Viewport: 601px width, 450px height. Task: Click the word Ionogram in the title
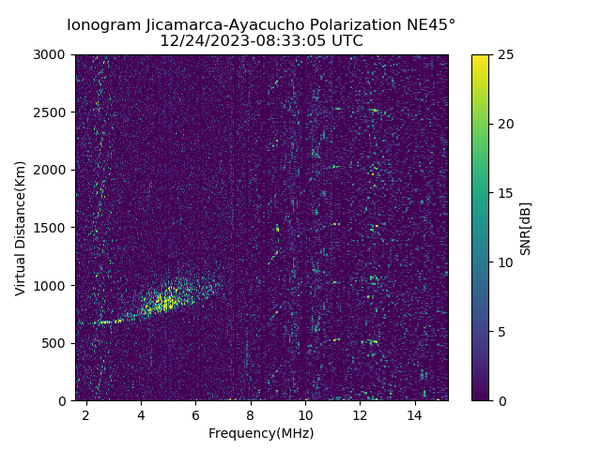tap(104, 24)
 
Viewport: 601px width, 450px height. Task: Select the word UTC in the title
tap(345, 41)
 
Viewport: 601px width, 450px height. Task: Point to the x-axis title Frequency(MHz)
tap(261, 433)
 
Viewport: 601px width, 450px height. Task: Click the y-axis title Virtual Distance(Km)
tap(21, 228)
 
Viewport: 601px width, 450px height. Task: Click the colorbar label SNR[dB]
tap(526, 228)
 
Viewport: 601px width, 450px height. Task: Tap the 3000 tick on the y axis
tap(53, 54)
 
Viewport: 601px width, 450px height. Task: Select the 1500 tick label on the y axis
tap(53, 228)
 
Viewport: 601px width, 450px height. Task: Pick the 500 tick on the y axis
tap(56, 343)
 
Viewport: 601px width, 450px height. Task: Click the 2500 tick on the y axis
tap(53, 112)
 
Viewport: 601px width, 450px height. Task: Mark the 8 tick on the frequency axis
tap(251, 413)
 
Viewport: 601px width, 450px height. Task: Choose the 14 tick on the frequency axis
tap(414, 413)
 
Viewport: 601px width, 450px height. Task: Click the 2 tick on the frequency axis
tap(85, 413)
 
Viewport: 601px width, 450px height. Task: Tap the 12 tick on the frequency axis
tap(360, 413)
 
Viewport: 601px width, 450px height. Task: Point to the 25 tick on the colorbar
tap(504, 54)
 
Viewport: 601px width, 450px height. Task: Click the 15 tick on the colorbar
tap(504, 193)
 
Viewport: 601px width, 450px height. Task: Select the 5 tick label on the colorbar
tap(501, 332)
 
